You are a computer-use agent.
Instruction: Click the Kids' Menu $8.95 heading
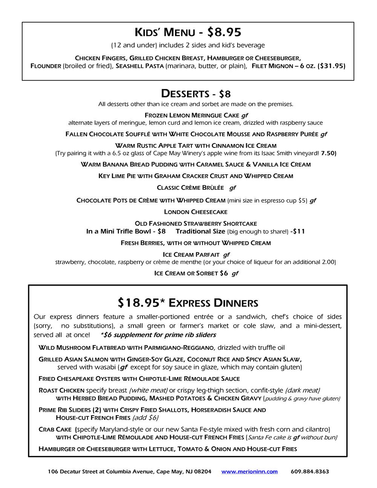[188, 32]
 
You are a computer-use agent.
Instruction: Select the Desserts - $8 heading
[196, 93]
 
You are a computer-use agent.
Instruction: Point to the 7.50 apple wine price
[328, 153]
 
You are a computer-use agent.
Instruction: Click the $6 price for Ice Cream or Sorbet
[224, 273]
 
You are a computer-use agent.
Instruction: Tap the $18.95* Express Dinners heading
[188, 302]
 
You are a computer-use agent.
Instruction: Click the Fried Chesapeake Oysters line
[139, 379]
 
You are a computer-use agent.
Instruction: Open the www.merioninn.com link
[250, 472]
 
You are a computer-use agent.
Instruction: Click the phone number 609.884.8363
[310, 472]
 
